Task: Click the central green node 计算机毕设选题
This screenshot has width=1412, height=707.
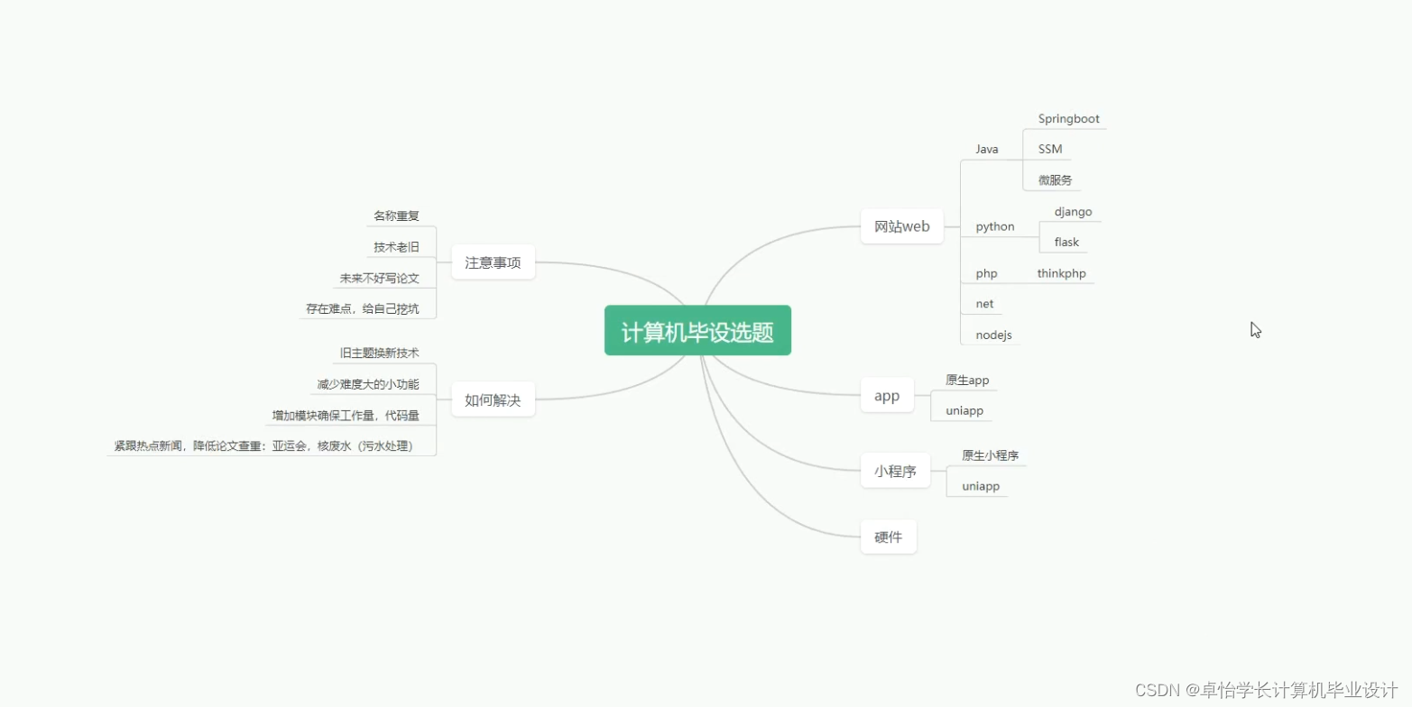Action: [697, 331]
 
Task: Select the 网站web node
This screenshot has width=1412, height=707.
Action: [901, 226]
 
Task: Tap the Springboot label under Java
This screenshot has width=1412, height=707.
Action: [1068, 119]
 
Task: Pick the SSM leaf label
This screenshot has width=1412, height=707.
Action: [1049, 149]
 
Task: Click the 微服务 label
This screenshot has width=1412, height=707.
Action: [1055, 180]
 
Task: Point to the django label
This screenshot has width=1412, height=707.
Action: [1073, 212]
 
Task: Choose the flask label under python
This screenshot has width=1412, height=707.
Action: [1066, 242]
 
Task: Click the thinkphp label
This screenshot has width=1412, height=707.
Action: [1061, 273]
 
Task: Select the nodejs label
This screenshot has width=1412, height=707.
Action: [993, 335]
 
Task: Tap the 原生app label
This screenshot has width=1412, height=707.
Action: [967, 381]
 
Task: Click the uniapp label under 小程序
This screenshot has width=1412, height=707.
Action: [980, 487]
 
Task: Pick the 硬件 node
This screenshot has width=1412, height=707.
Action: [888, 537]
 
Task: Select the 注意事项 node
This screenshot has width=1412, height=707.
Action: [493, 262]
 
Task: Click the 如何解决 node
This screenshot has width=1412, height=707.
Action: [493, 399]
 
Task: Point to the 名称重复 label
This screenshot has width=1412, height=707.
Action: [396, 216]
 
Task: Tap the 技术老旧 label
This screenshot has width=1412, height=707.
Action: [396, 247]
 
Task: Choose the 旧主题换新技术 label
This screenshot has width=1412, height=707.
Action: [379, 353]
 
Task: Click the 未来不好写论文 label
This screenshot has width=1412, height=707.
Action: [379, 279]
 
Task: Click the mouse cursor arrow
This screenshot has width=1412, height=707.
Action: [1255, 329]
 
